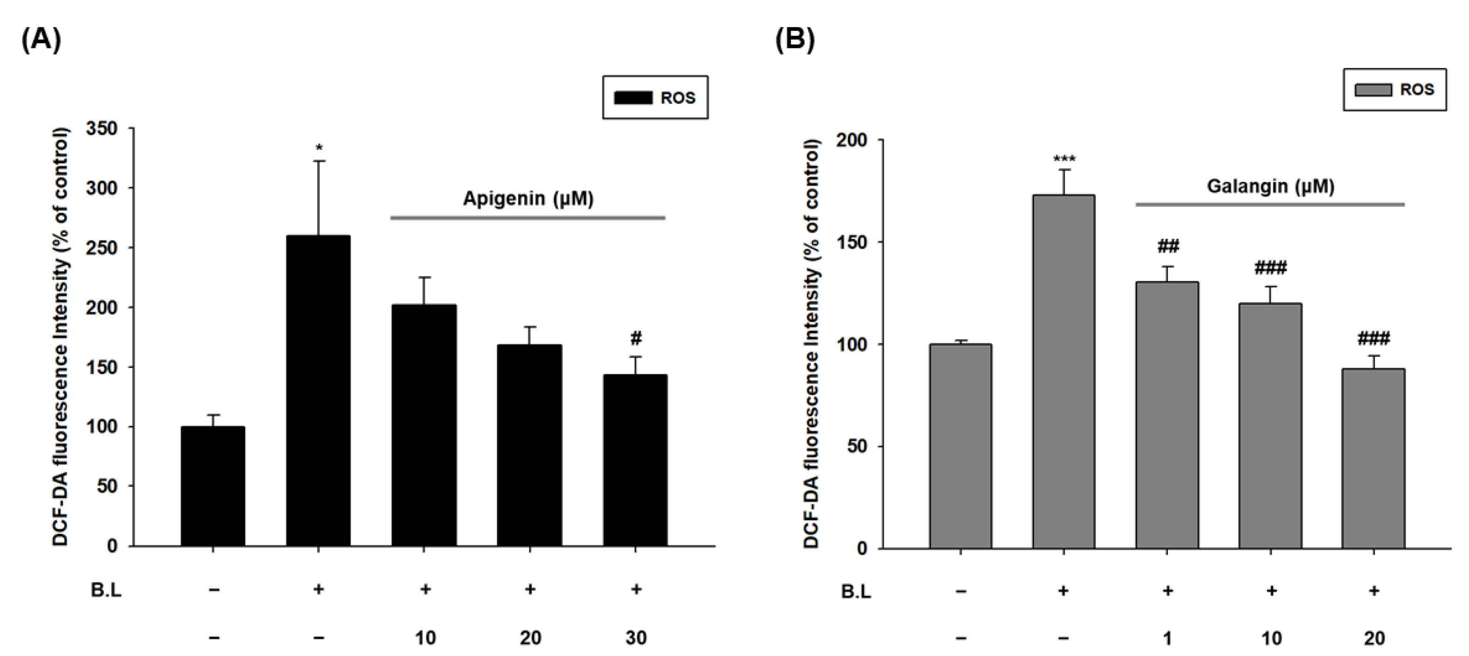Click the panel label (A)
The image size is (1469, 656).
point(41,41)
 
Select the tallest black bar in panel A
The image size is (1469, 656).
point(318,391)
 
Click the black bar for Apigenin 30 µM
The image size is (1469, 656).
point(635,460)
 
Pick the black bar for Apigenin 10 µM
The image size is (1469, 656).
point(424,426)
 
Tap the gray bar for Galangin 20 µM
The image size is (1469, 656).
point(1374,458)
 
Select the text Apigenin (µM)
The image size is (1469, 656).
point(528,198)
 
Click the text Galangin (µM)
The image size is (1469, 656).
point(1270,186)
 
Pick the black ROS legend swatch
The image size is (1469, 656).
point(632,98)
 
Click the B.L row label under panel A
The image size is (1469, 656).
point(106,590)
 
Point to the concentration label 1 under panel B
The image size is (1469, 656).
point(1167,637)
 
